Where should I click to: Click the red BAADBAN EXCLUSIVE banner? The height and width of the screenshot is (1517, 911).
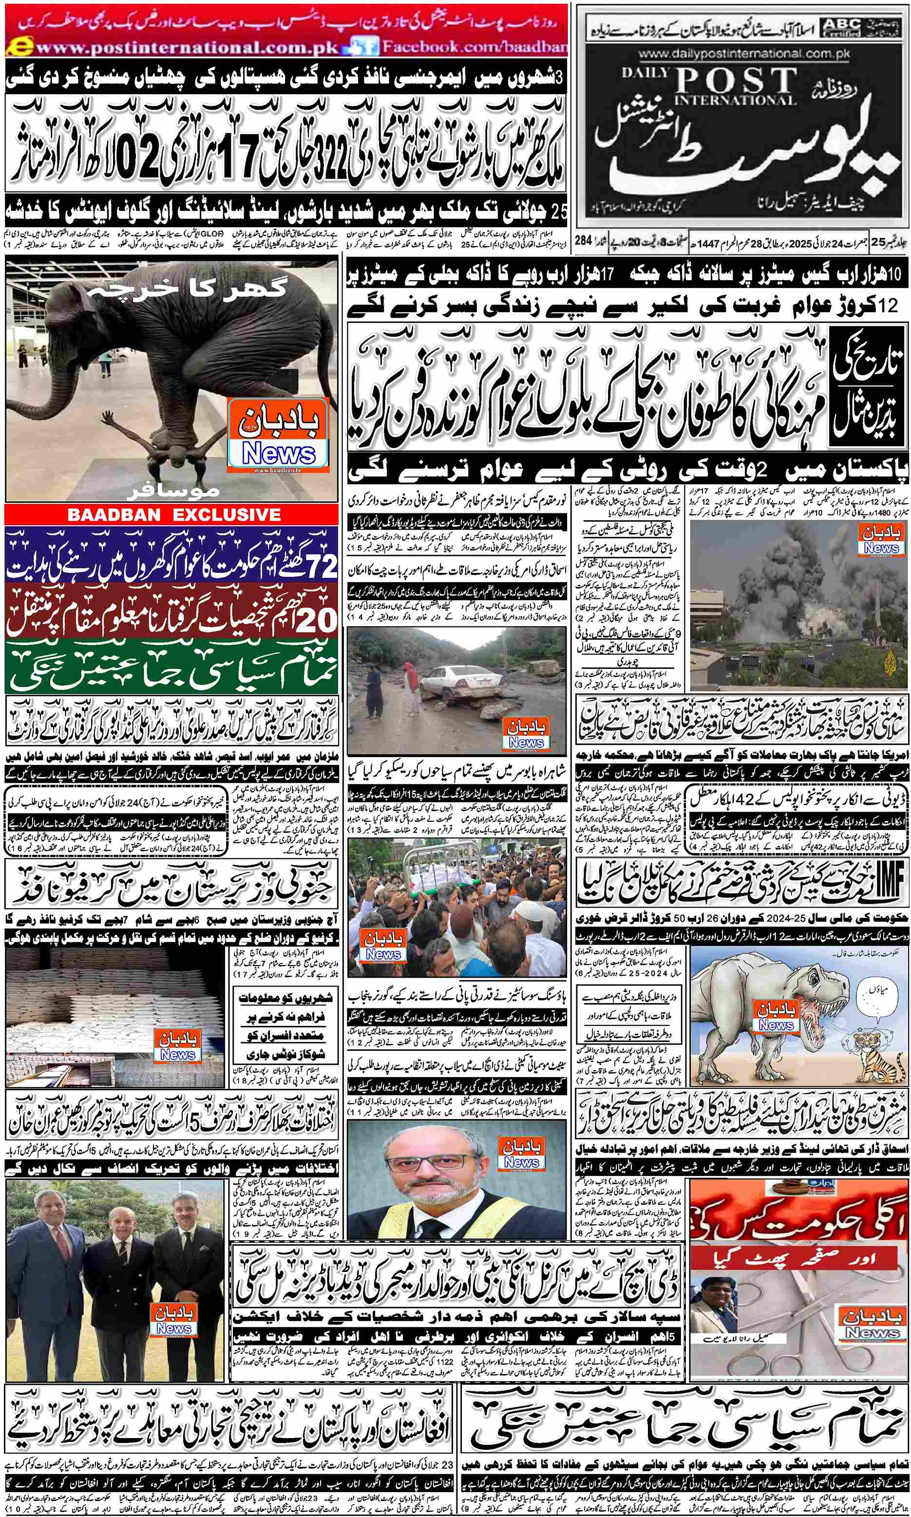[x=171, y=514]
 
